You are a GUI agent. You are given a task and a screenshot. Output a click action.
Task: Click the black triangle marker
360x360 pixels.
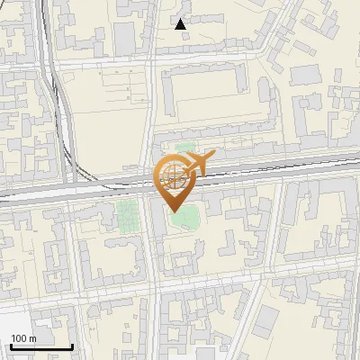(x=181, y=24)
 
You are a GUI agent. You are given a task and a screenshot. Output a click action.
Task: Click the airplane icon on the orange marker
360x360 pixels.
(x=199, y=163)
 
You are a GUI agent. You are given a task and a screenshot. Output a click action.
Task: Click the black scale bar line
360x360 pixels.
(x=41, y=347)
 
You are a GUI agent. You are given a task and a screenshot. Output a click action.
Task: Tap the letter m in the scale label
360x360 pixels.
(x=32, y=338)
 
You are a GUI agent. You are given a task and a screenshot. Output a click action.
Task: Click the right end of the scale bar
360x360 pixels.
(x=72, y=347)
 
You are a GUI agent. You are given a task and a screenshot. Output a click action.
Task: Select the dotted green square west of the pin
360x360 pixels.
(x=128, y=216)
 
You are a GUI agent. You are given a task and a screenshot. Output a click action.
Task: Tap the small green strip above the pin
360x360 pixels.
(x=184, y=147)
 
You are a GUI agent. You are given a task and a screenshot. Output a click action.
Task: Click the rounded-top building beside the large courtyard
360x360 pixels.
(x=262, y=90)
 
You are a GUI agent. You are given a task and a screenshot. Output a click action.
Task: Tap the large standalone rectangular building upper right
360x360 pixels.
(x=306, y=74)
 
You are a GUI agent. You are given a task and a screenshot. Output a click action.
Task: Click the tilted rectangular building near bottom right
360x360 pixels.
(x=268, y=319)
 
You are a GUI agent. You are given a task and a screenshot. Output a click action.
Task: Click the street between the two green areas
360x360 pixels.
(x=153, y=220)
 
